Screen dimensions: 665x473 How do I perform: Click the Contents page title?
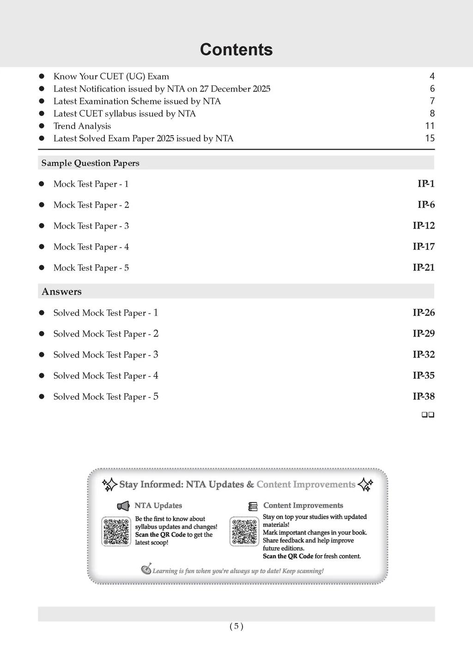pyautogui.click(x=236, y=49)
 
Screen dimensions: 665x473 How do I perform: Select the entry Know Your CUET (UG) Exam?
pyautogui.click(x=111, y=76)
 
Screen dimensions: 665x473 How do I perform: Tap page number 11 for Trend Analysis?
pyautogui.click(x=430, y=126)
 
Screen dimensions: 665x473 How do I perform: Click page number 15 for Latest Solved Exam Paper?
pyautogui.click(x=430, y=138)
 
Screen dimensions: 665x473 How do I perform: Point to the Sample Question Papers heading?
pyautogui.click(x=90, y=163)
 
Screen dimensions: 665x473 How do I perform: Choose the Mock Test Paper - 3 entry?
pyautogui.click(x=91, y=226)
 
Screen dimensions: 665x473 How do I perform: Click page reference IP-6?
pyautogui.click(x=426, y=205)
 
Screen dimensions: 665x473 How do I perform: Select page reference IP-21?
pyautogui.click(x=424, y=267)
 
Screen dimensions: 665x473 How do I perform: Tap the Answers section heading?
pyautogui.click(x=61, y=291)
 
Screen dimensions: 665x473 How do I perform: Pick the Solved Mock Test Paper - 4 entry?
pyautogui.click(x=105, y=375)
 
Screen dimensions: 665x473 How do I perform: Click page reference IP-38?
pyautogui.click(x=424, y=396)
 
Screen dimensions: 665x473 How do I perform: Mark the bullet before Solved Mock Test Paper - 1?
pyautogui.click(x=42, y=313)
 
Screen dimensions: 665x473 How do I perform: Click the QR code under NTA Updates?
pyautogui.click(x=116, y=532)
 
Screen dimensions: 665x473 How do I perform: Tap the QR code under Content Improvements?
pyautogui.click(x=244, y=532)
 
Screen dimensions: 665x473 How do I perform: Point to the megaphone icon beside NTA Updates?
pyautogui.click(x=123, y=506)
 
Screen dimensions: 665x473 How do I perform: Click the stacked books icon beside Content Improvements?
pyautogui.click(x=253, y=506)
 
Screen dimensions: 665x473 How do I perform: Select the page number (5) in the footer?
pyautogui.click(x=236, y=626)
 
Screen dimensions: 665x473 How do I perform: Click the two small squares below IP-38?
pyautogui.click(x=428, y=415)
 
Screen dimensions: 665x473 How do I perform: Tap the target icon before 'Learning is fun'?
pyautogui.click(x=146, y=569)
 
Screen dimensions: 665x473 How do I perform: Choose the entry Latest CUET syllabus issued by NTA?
pyautogui.click(x=124, y=114)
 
